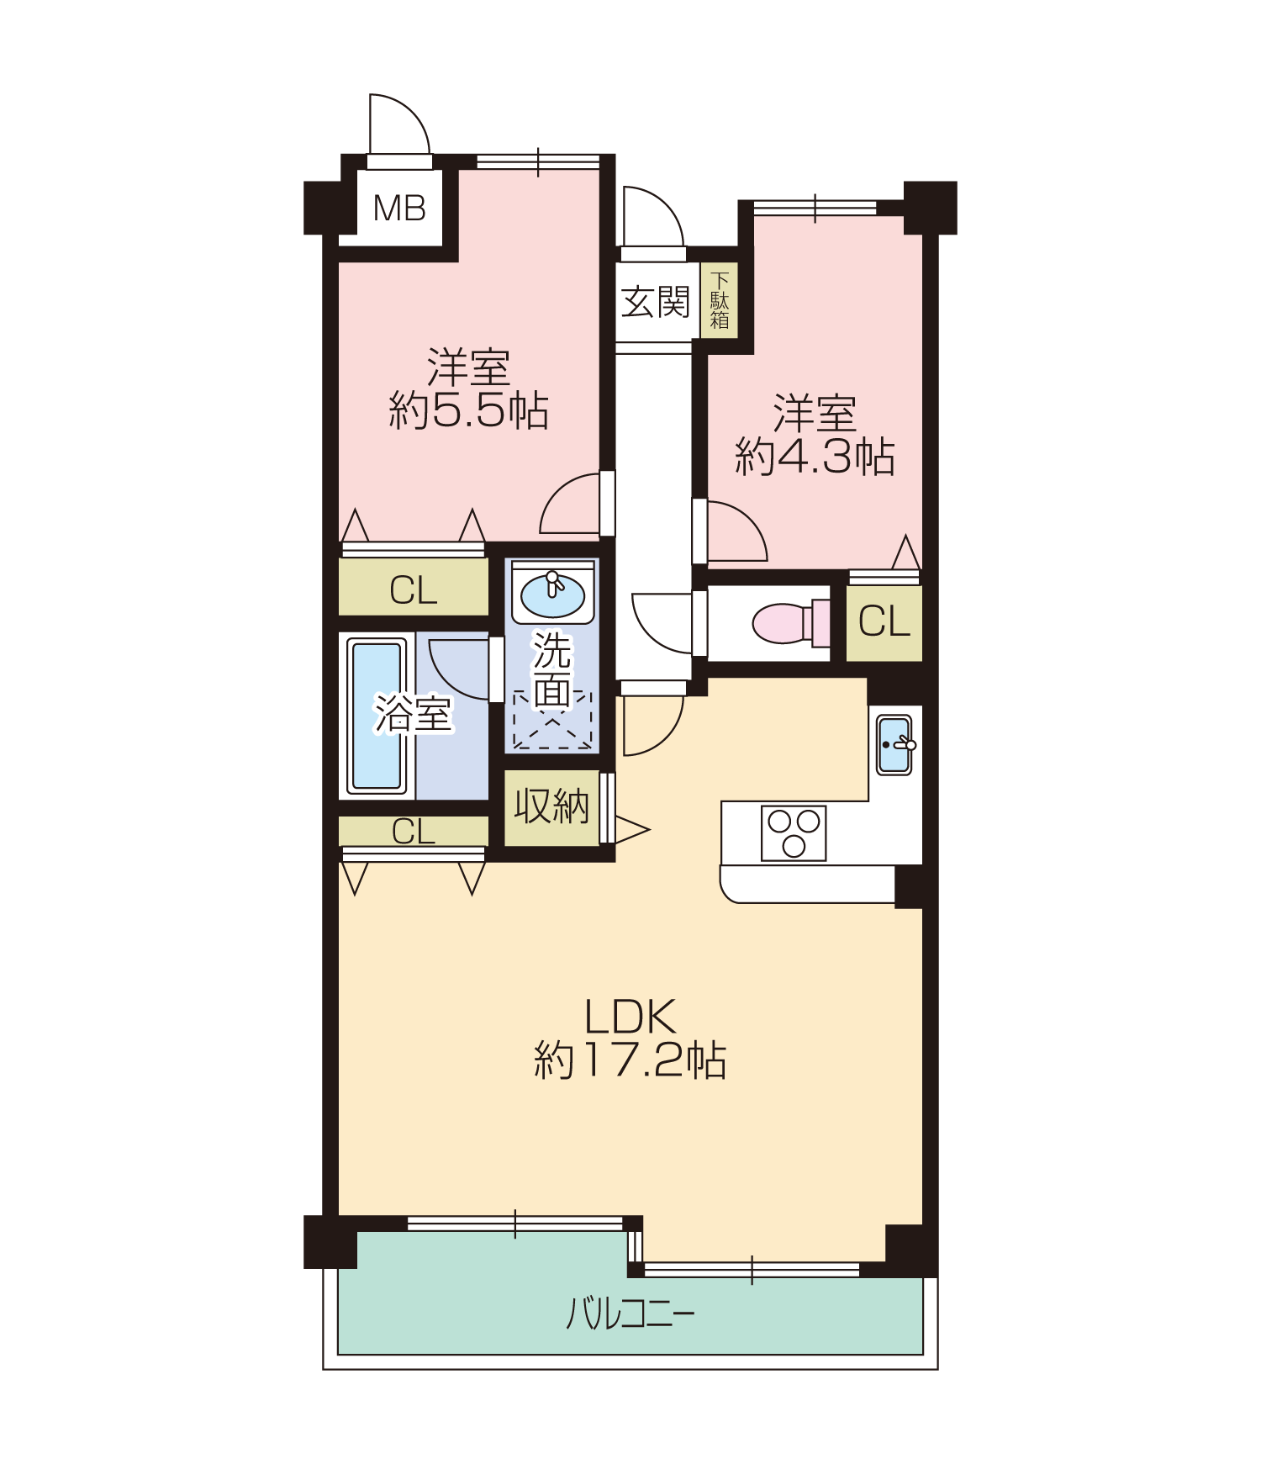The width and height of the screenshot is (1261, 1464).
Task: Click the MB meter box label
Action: [399, 208]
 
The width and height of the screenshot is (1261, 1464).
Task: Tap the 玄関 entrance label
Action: [655, 302]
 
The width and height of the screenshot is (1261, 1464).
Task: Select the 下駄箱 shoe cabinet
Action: [720, 300]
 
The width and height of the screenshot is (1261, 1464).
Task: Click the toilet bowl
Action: [790, 623]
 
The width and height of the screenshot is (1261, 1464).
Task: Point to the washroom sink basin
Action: [552, 595]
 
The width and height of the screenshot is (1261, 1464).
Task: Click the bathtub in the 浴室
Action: [377, 716]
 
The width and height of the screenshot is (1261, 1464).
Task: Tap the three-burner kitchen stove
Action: [794, 832]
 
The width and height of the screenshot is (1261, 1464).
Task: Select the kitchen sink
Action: [894, 744]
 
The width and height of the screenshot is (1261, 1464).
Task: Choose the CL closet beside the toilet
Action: [884, 622]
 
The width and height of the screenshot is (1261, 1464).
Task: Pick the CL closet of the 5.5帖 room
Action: [414, 587]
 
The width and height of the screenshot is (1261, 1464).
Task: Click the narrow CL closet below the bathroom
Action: [414, 831]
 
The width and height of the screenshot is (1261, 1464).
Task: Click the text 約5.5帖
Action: [468, 411]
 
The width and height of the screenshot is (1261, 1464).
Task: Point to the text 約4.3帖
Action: [815, 457]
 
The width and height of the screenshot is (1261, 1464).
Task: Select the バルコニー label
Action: [630, 1313]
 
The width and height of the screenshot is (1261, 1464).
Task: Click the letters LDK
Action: [630, 1017]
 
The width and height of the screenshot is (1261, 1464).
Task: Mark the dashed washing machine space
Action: [552, 720]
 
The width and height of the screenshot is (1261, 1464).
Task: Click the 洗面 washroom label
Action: [552, 670]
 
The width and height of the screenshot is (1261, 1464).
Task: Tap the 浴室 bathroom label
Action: [414, 714]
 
